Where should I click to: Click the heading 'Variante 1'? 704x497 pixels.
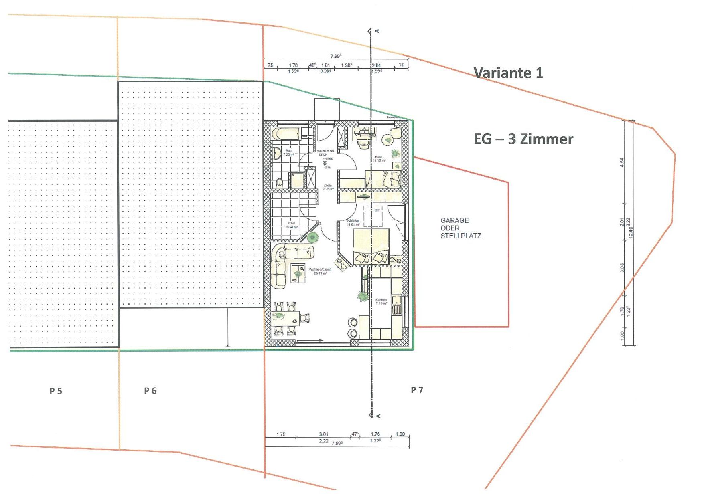[x=508, y=73]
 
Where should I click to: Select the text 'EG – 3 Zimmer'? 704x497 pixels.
[x=523, y=139]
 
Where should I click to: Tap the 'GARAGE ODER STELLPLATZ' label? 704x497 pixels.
[x=461, y=228]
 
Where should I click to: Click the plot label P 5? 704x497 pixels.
[x=56, y=391]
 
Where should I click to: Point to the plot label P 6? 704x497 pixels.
[x=150, y=390]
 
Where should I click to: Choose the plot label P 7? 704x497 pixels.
[x=417, y=390]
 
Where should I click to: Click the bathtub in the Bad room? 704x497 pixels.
[x=286, y=134]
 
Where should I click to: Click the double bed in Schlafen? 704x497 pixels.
[x=371, y=246]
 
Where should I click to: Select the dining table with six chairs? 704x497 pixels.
[x=285, y=319]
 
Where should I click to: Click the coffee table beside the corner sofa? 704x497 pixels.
[x=298, y=273]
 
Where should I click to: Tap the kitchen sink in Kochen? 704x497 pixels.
[x=397, y=305]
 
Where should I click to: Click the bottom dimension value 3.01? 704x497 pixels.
[x=323, y=434]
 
